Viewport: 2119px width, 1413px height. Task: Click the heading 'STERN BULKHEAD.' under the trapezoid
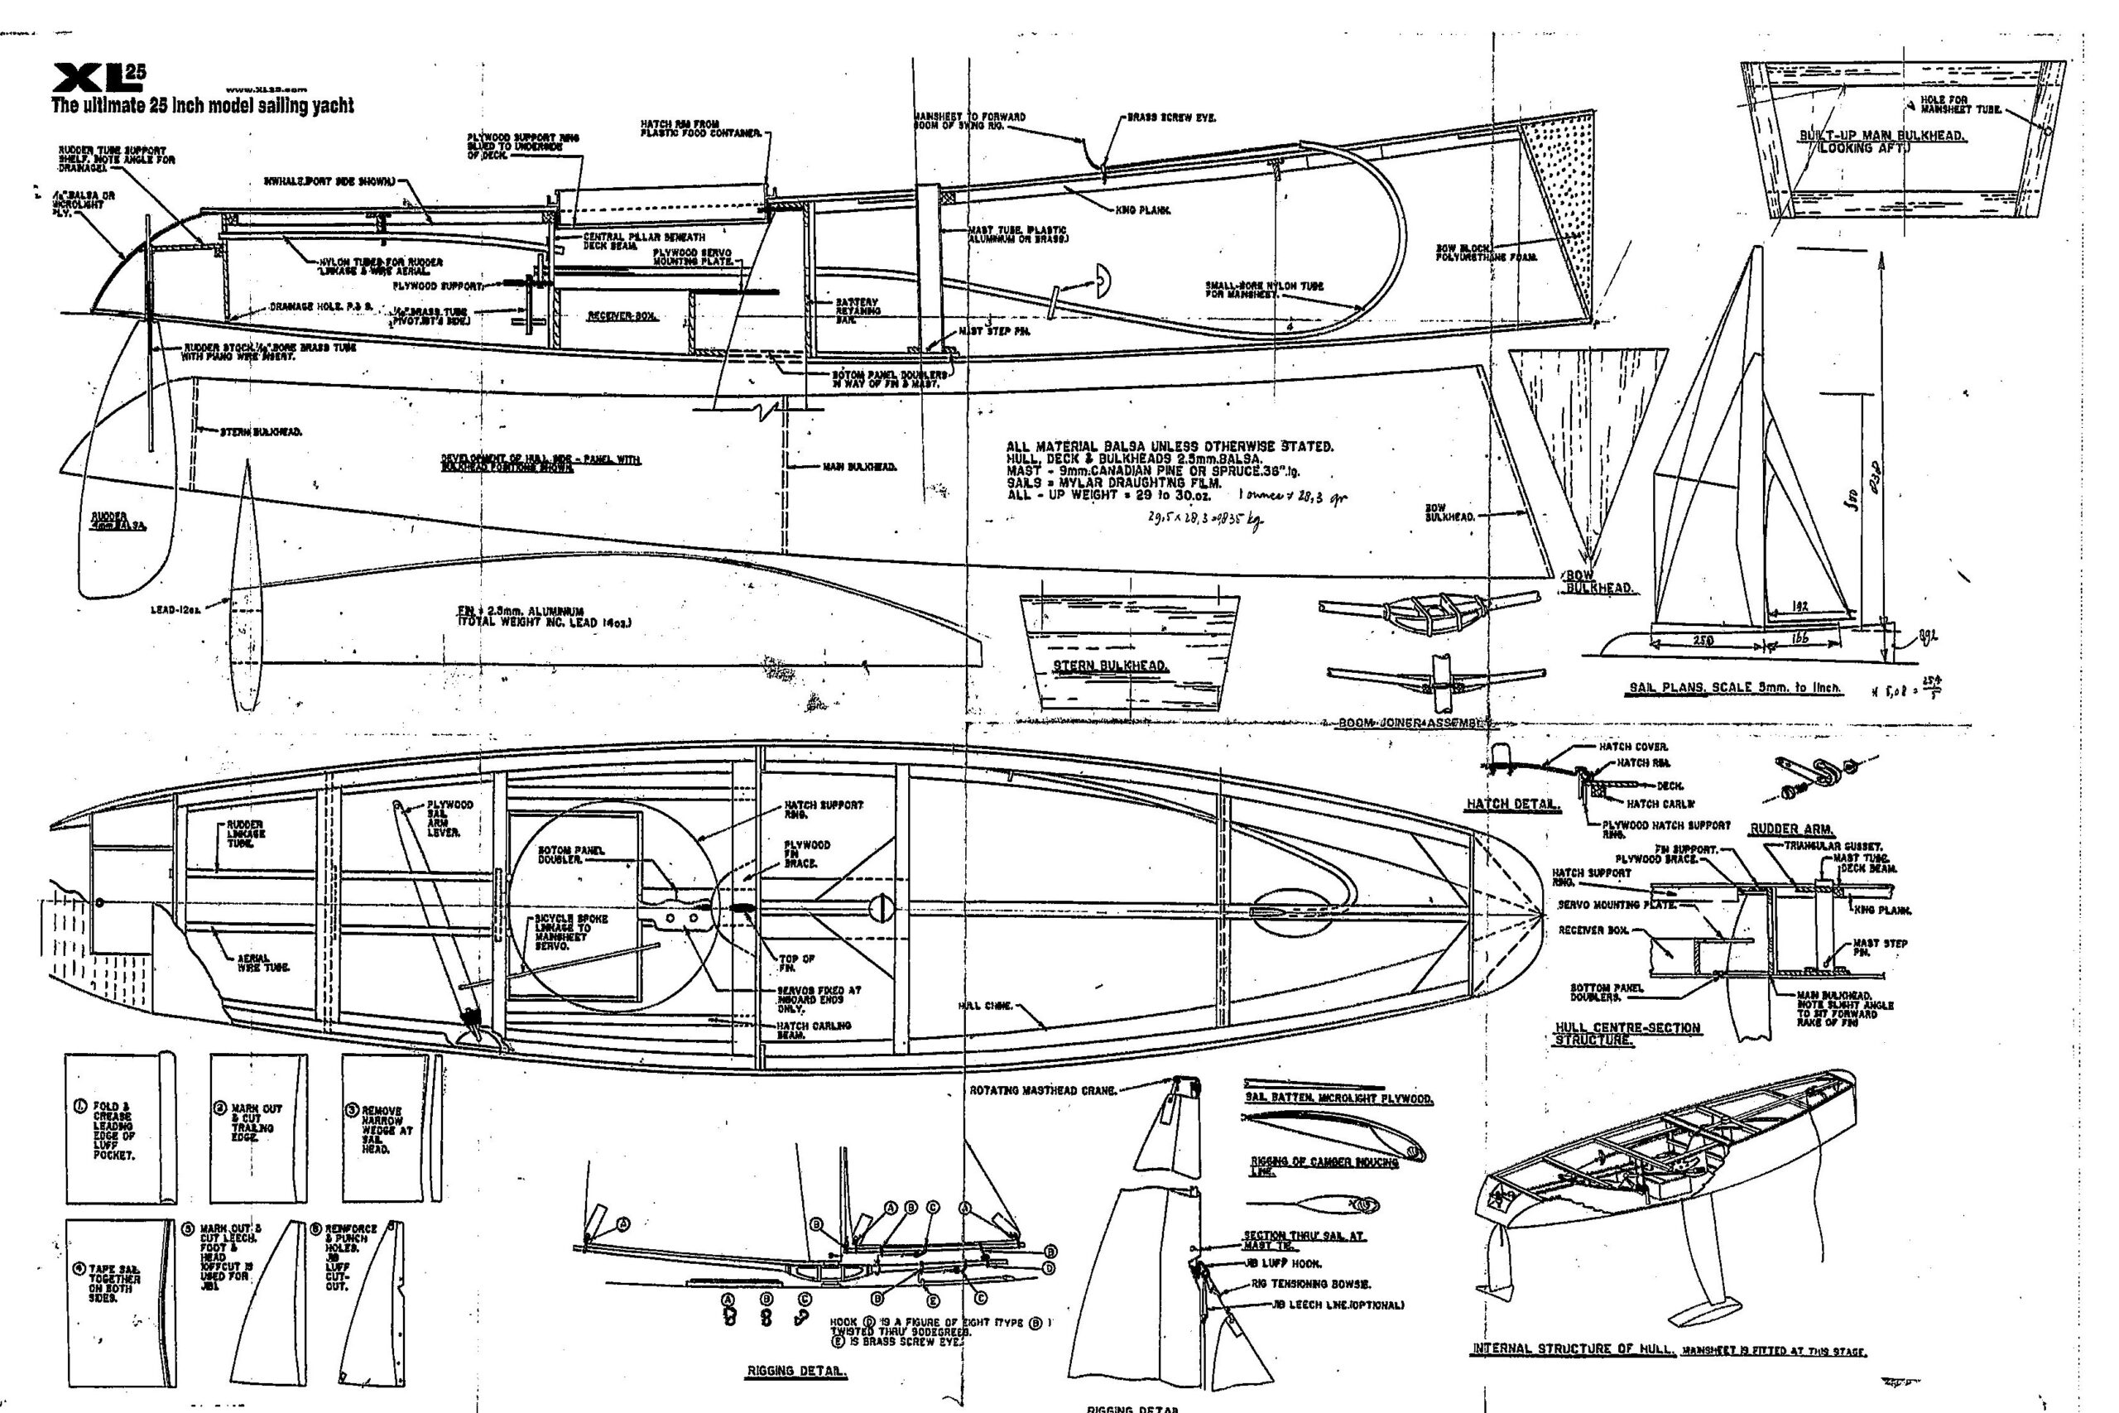pyautogui.click(x=1111, y=666)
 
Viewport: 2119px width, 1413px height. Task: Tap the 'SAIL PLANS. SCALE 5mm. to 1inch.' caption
pyautogui.click(x=1735, y=688)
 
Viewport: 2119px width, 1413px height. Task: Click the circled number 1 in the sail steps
pyautogui.click(x=79, y=1108)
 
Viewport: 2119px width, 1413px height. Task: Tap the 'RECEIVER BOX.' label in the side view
pyautogui.click(x=622, y=316)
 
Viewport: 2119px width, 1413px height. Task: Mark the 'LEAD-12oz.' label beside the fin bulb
pyautogui.click(x=176, y=609)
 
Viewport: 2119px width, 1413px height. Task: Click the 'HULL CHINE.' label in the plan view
pyautogui.click(x=985, y=1006)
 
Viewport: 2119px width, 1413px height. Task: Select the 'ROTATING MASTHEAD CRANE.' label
pyautogui.click(x=1042, y=1090)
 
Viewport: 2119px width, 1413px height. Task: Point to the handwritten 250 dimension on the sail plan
pyautogui.click(x=1703, y=641)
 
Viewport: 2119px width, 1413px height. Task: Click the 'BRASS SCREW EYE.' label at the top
pyautogui.click(x=1171, y=118)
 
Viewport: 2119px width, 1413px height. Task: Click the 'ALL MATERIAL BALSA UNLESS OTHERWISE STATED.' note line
pyautogui.click(x=1170, y=447)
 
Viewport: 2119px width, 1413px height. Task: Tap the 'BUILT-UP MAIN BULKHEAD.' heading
pyautogui.click(x=1882, y=135)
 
